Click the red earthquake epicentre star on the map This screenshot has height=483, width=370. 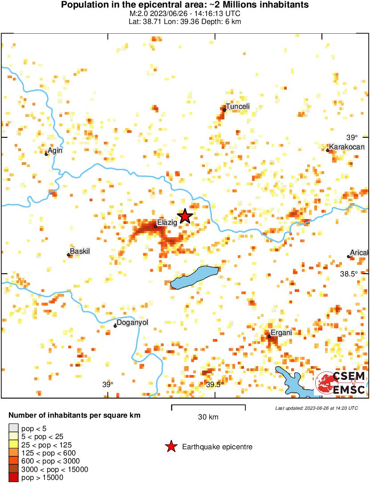click(185, 216)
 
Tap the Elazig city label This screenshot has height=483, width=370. click(167, 223)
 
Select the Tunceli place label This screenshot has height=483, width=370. click(238, 106)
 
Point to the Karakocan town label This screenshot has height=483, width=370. click(347, 147)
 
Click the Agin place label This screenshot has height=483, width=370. click(55, 151)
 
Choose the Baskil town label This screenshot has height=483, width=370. click(81, 251)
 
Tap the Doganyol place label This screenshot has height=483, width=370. click(132, 323)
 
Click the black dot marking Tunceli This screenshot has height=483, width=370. click(224, 110)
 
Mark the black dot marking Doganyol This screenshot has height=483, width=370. click(115, 326)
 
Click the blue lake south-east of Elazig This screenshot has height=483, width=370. click(194, 277)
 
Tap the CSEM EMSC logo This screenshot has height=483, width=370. click(341, 383)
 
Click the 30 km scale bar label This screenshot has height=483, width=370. click(208, 417)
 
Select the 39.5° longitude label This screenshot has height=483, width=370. click(215, 384)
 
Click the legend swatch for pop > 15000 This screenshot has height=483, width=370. click(14, 478)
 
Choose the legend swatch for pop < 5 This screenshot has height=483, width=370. click(14, 429)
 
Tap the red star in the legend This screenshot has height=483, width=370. click(170, 447)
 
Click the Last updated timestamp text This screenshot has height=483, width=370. click(316, 408)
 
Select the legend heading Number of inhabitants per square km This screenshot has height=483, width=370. click(75, 416)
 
